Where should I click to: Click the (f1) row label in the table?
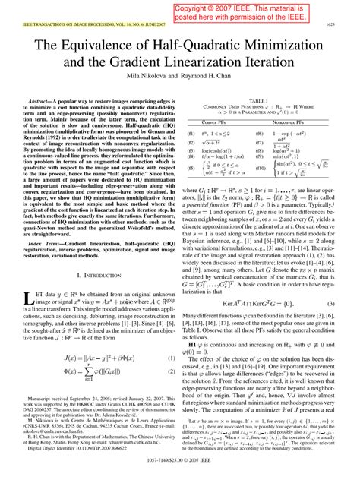pos(191,132)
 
